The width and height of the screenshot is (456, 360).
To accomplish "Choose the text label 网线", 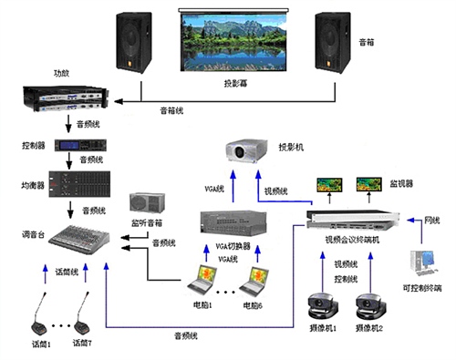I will click(432, 220).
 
